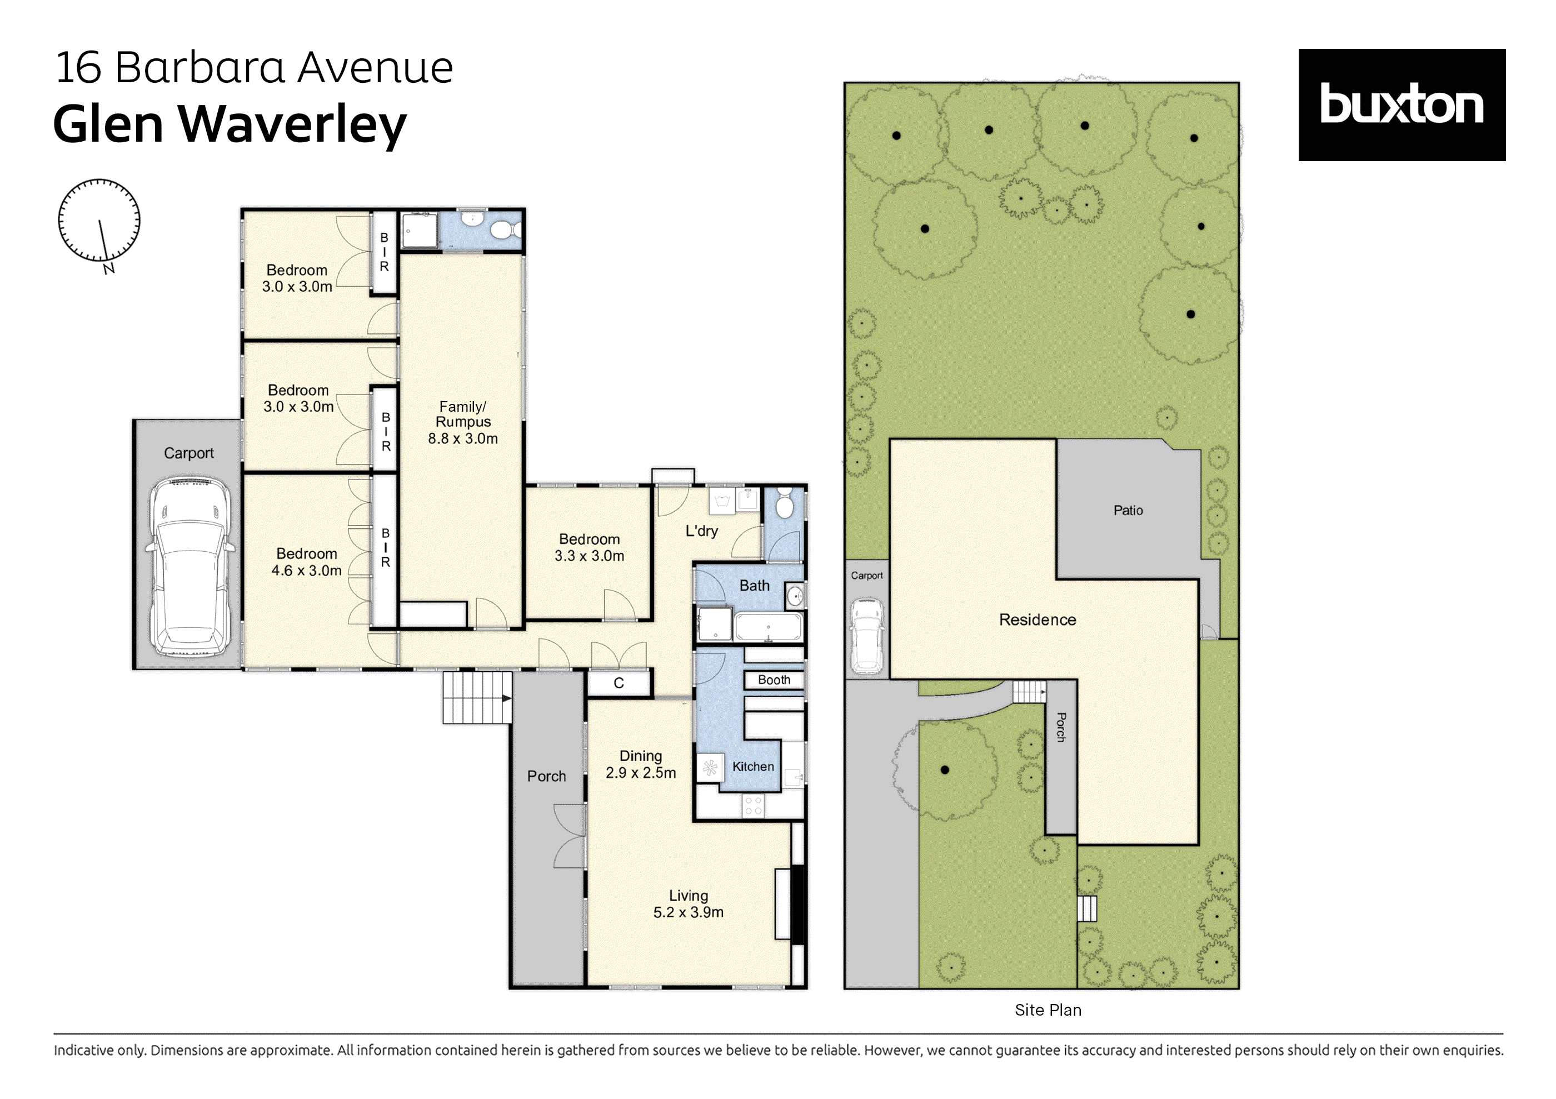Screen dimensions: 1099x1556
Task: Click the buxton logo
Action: pos(1401,105)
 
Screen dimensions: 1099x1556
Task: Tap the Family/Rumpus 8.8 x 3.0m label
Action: pos(463,422)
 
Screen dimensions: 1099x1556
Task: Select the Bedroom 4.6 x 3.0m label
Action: pos(306,562)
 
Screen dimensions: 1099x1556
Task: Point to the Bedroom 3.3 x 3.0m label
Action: pos(589,547)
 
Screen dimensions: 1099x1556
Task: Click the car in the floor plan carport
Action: pos(189,566)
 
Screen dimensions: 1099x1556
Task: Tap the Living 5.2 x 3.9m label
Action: pos(688,904)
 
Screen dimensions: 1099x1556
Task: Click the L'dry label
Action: pos(701,531)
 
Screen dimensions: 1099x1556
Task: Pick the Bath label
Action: pos(754,586)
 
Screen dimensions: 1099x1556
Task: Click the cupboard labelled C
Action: pos(619,683)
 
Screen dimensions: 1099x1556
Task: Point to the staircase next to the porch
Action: pos(476,697)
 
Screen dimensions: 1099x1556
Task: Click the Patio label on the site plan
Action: pos(1128,510)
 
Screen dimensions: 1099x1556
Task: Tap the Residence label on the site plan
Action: pos(1037,620)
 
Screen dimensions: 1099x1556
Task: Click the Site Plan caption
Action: pos(1048,1010)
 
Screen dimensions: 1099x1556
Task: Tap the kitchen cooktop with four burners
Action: pos(754,806)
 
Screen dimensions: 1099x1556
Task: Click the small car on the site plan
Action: pos(867,635)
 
